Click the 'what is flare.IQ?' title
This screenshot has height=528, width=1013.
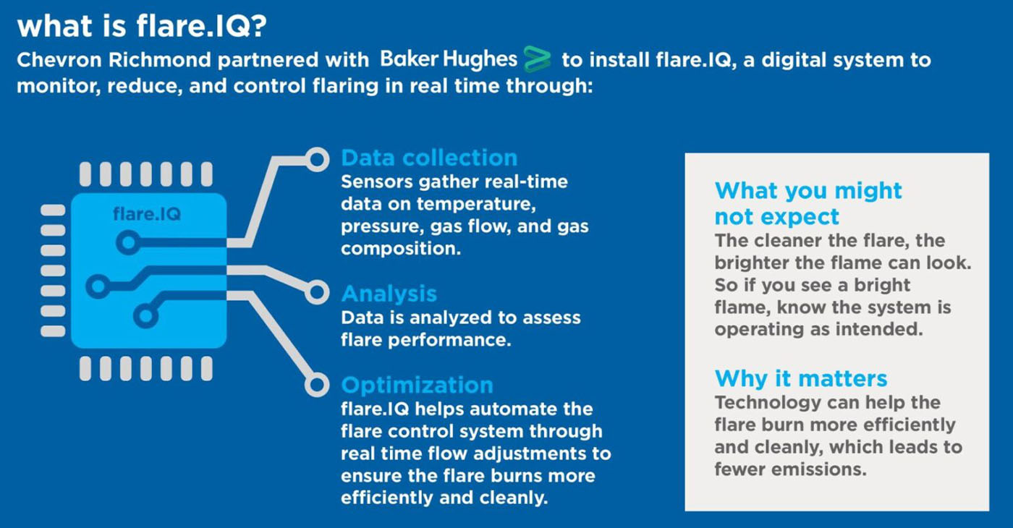click(x=142, y=26)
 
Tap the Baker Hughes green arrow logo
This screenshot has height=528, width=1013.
click(x=537, y=59)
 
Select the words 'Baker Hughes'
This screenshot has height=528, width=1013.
click(x=448, y=59)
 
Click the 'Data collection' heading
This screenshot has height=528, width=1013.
click(x=429, y=158)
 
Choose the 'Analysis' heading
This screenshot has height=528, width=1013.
click(x=389, y=294)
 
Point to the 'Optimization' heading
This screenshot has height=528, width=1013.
click(x=417, y=385)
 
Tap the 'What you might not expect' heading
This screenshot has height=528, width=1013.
click(x=808, y=203)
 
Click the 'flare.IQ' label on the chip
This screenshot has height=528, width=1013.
click(x=147, y=214)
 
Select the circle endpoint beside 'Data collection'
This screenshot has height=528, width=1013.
click(x=317, y=160)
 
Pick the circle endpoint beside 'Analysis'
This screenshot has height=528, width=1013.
click(x=317, y=292)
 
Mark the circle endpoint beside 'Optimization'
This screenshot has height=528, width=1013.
click(x=317, y=385)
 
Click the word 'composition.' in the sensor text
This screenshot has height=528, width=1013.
click(x=401, y=249)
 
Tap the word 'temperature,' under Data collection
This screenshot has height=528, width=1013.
click(x=476, y=204)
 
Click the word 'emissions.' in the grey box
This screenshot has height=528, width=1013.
click(x=819, y=469)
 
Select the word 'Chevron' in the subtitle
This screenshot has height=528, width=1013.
click(x=59, y=60)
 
